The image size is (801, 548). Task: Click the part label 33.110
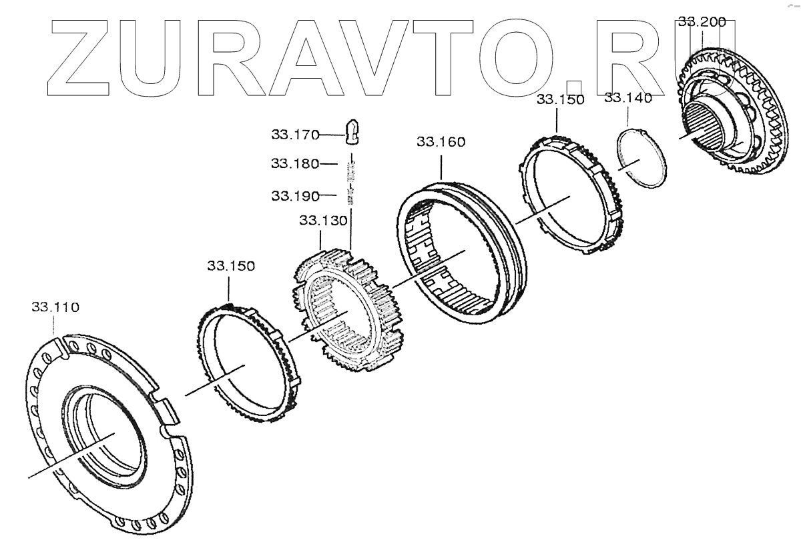(x=55, y=307)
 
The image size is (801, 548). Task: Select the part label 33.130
(x=323, y=221)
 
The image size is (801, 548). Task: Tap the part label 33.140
(x=628, y=98)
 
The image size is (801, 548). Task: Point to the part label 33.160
(x=441, y=142)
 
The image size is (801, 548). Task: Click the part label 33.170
(x=295, y=135)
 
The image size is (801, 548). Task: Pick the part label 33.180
(x=295, y=163)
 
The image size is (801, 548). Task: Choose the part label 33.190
(x=295, y=196)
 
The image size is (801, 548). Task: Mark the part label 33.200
(x=702, y=22)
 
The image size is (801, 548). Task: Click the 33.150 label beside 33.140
(x=560, y=100)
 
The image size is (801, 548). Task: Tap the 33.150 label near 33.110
(x=231, y=266)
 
